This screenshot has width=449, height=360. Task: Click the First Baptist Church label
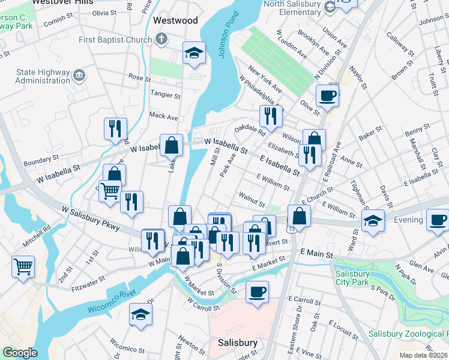(115, 40)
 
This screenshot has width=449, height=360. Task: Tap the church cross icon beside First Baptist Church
(161, 40)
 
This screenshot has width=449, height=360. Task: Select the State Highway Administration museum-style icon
(79, 76)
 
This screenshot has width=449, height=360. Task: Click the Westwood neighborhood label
(175, 20)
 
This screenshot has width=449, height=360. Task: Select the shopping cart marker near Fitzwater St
(23, 266)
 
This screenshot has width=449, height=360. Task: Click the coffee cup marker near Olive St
(327, 95)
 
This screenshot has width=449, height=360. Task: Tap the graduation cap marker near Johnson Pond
(194, 53)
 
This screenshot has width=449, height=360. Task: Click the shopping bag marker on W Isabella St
(171, 145)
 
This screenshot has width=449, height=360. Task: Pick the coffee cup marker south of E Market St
(257, 292)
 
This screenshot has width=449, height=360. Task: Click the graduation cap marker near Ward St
(373, 220)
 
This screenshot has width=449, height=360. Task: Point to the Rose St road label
(139, 77)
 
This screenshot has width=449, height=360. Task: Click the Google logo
(20, 353)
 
